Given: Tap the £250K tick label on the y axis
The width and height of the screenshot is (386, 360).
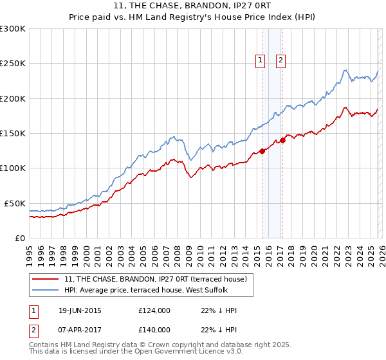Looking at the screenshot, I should pos(13,64).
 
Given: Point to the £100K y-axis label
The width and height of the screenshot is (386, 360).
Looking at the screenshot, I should pos(13,168).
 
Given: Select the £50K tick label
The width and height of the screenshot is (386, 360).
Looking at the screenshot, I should pos(15,203).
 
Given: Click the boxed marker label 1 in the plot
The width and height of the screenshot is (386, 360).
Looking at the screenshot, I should pos(261,61).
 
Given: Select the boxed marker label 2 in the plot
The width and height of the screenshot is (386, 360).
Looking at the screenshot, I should pos(281,61).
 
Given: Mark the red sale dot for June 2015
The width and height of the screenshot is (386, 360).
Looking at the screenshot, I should pos(262,152).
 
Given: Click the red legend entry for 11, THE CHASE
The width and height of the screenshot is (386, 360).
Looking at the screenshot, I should pos(155,278).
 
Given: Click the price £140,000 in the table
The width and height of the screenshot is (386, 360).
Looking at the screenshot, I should pos(154,329).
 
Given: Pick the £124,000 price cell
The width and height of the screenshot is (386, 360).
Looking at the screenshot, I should pos(154,310).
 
